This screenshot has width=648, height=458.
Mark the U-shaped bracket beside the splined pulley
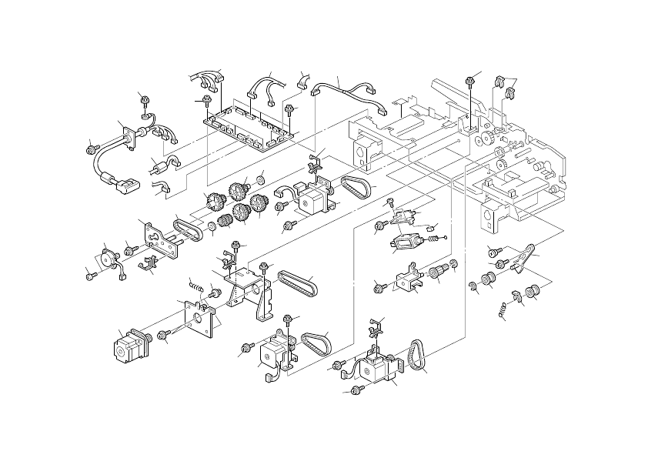pyautogui.click(x=408, y=279)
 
